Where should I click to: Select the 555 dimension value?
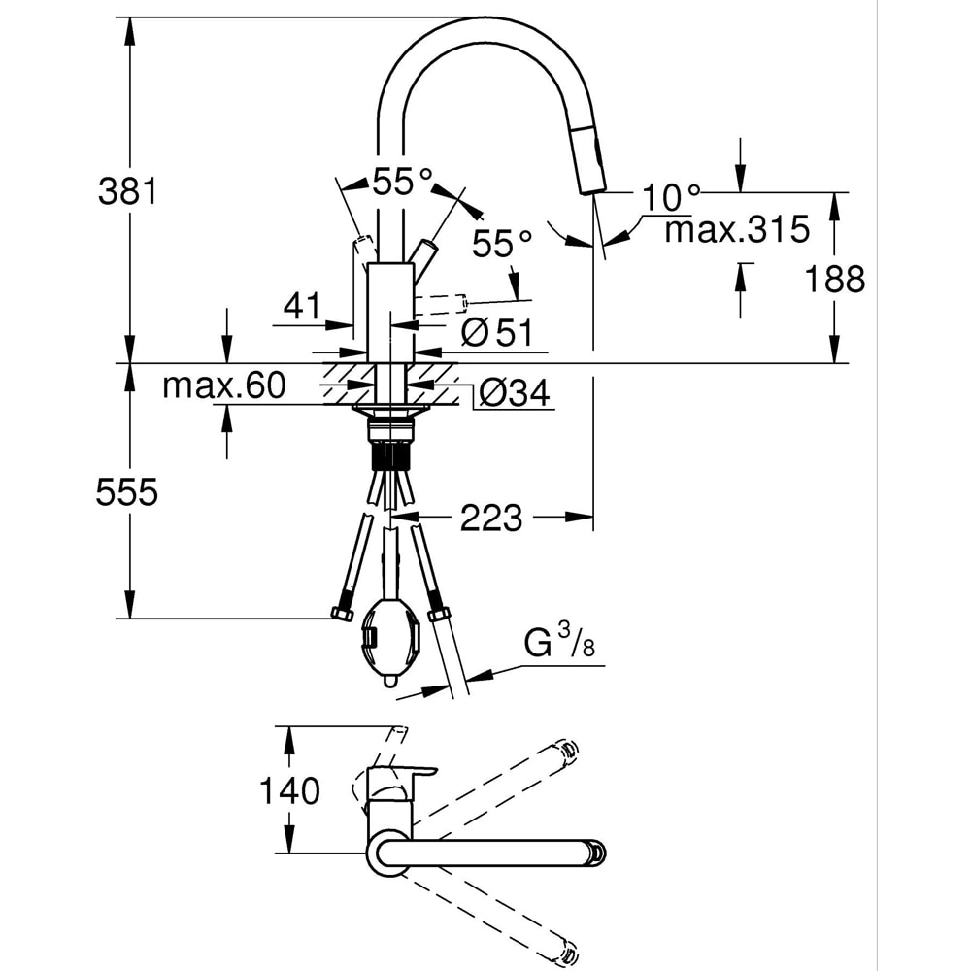126,493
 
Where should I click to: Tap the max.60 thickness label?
223,386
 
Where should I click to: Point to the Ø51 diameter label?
498,333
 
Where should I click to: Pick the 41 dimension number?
302,308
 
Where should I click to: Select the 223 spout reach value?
490,519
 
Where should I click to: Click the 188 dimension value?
834,280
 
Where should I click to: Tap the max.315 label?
737,231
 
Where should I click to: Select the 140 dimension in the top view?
287,791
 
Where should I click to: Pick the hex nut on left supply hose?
342,613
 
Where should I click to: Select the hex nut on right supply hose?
438,614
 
